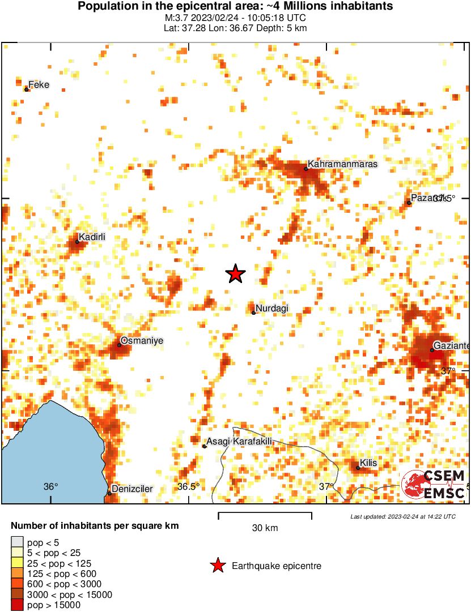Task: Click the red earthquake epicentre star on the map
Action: pos(235,273)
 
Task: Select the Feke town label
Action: pos(39,85)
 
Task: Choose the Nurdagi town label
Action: pos(272,308)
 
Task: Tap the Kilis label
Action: pos(368,463)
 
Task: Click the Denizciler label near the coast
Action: pos(133,489)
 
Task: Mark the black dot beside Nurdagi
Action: pos(253,313)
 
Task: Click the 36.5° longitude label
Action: pos(189,487)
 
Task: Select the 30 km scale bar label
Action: pos(265,528)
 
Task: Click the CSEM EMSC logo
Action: pos(434,485)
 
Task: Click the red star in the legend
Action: pos(217,565)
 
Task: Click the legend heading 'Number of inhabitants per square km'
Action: pos(95,526)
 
